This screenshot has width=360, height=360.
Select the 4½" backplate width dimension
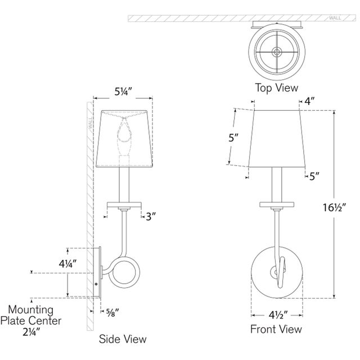pos(276,316)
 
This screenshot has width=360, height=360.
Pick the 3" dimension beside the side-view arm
pos(150,215)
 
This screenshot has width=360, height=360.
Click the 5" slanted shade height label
pos(236,138)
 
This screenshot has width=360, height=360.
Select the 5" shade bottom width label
pos(314,177)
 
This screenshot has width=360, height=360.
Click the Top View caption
pos(276,88)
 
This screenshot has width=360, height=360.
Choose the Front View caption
pos(276,330)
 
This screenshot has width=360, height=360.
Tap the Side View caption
pos(123,339)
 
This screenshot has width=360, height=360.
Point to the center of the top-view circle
pos(276,51)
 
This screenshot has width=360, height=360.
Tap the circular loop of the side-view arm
pos(123,274)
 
